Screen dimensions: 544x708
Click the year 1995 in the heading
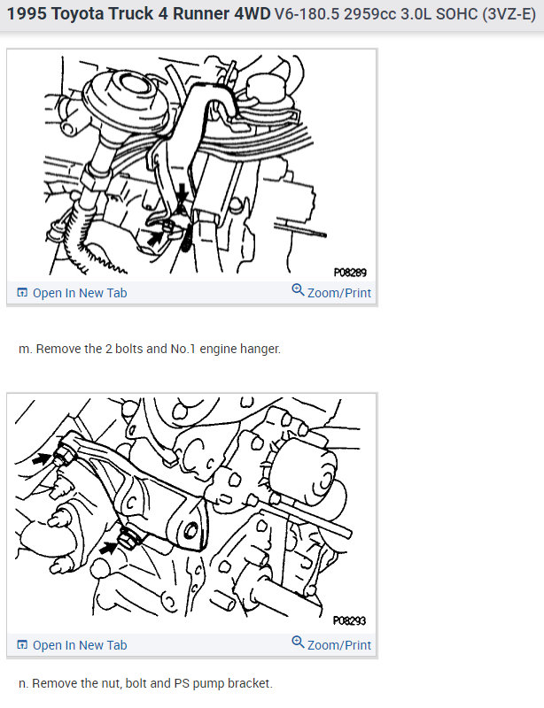click(x=27, y=14)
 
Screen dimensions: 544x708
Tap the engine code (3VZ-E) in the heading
click(x=509, y=14)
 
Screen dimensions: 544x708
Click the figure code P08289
click(x=350, y=273)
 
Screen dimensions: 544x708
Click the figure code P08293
click(x=349, y=621)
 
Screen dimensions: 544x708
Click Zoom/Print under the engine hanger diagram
click(x=339, y=293)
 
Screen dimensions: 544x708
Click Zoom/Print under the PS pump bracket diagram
click(x=339, y=645)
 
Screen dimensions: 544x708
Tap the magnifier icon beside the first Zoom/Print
click(x=298, y=290)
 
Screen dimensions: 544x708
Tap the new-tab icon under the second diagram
click(x=22, y=645)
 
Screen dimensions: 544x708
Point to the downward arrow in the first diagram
click(x=183, y=193)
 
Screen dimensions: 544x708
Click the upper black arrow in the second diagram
click(x=42, y=458)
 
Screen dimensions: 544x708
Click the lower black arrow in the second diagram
click(x=108, y=548)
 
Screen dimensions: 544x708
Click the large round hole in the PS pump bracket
click(x=190, y=530)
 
